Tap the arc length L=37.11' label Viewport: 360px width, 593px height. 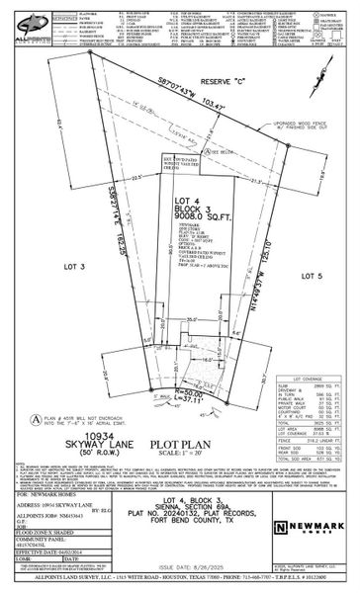pos(165,426)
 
